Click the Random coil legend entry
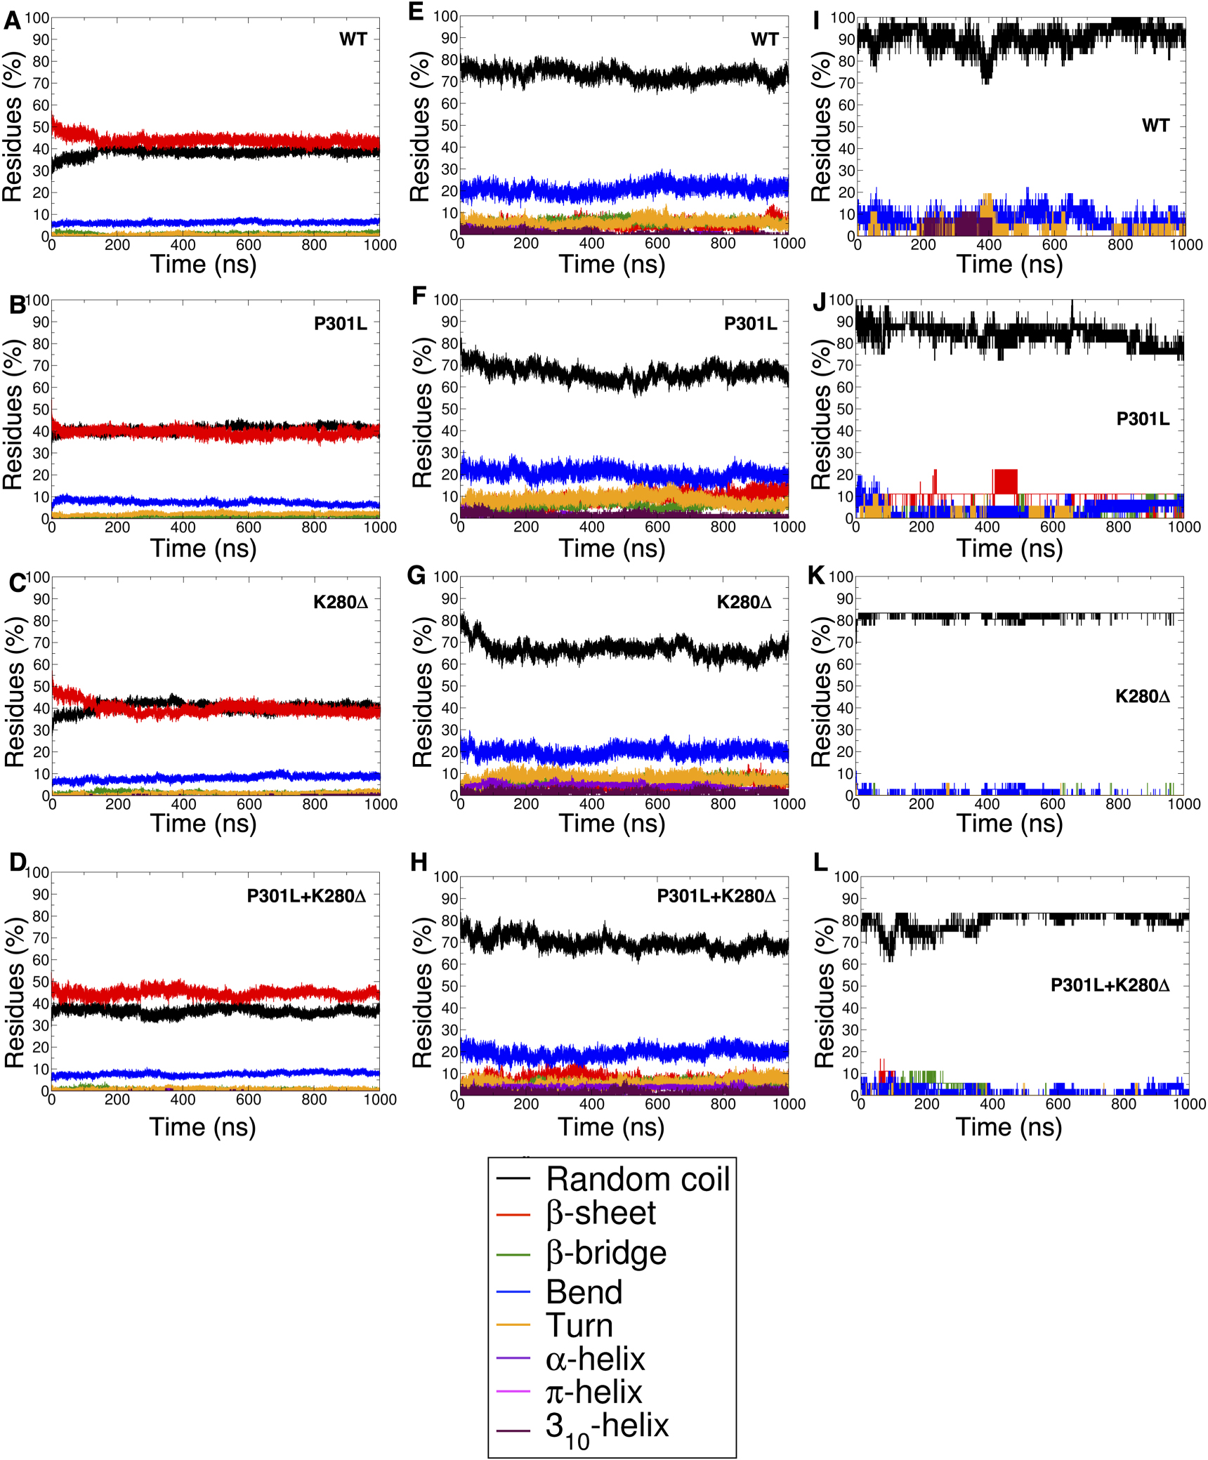638,1179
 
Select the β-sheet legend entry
600,1213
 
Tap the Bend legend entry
584,1291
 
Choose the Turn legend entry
579,1325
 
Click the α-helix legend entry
595,1359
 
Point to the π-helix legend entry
593,1392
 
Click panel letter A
12,21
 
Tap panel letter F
419,296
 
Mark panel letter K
816,575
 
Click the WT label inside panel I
1155,126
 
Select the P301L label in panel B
340,324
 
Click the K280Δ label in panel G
744,602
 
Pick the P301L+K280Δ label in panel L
1110,985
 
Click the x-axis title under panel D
203,1126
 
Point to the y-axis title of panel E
419,126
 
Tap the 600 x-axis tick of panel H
657,1104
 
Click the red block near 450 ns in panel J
1006,481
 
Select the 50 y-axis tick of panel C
41,686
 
